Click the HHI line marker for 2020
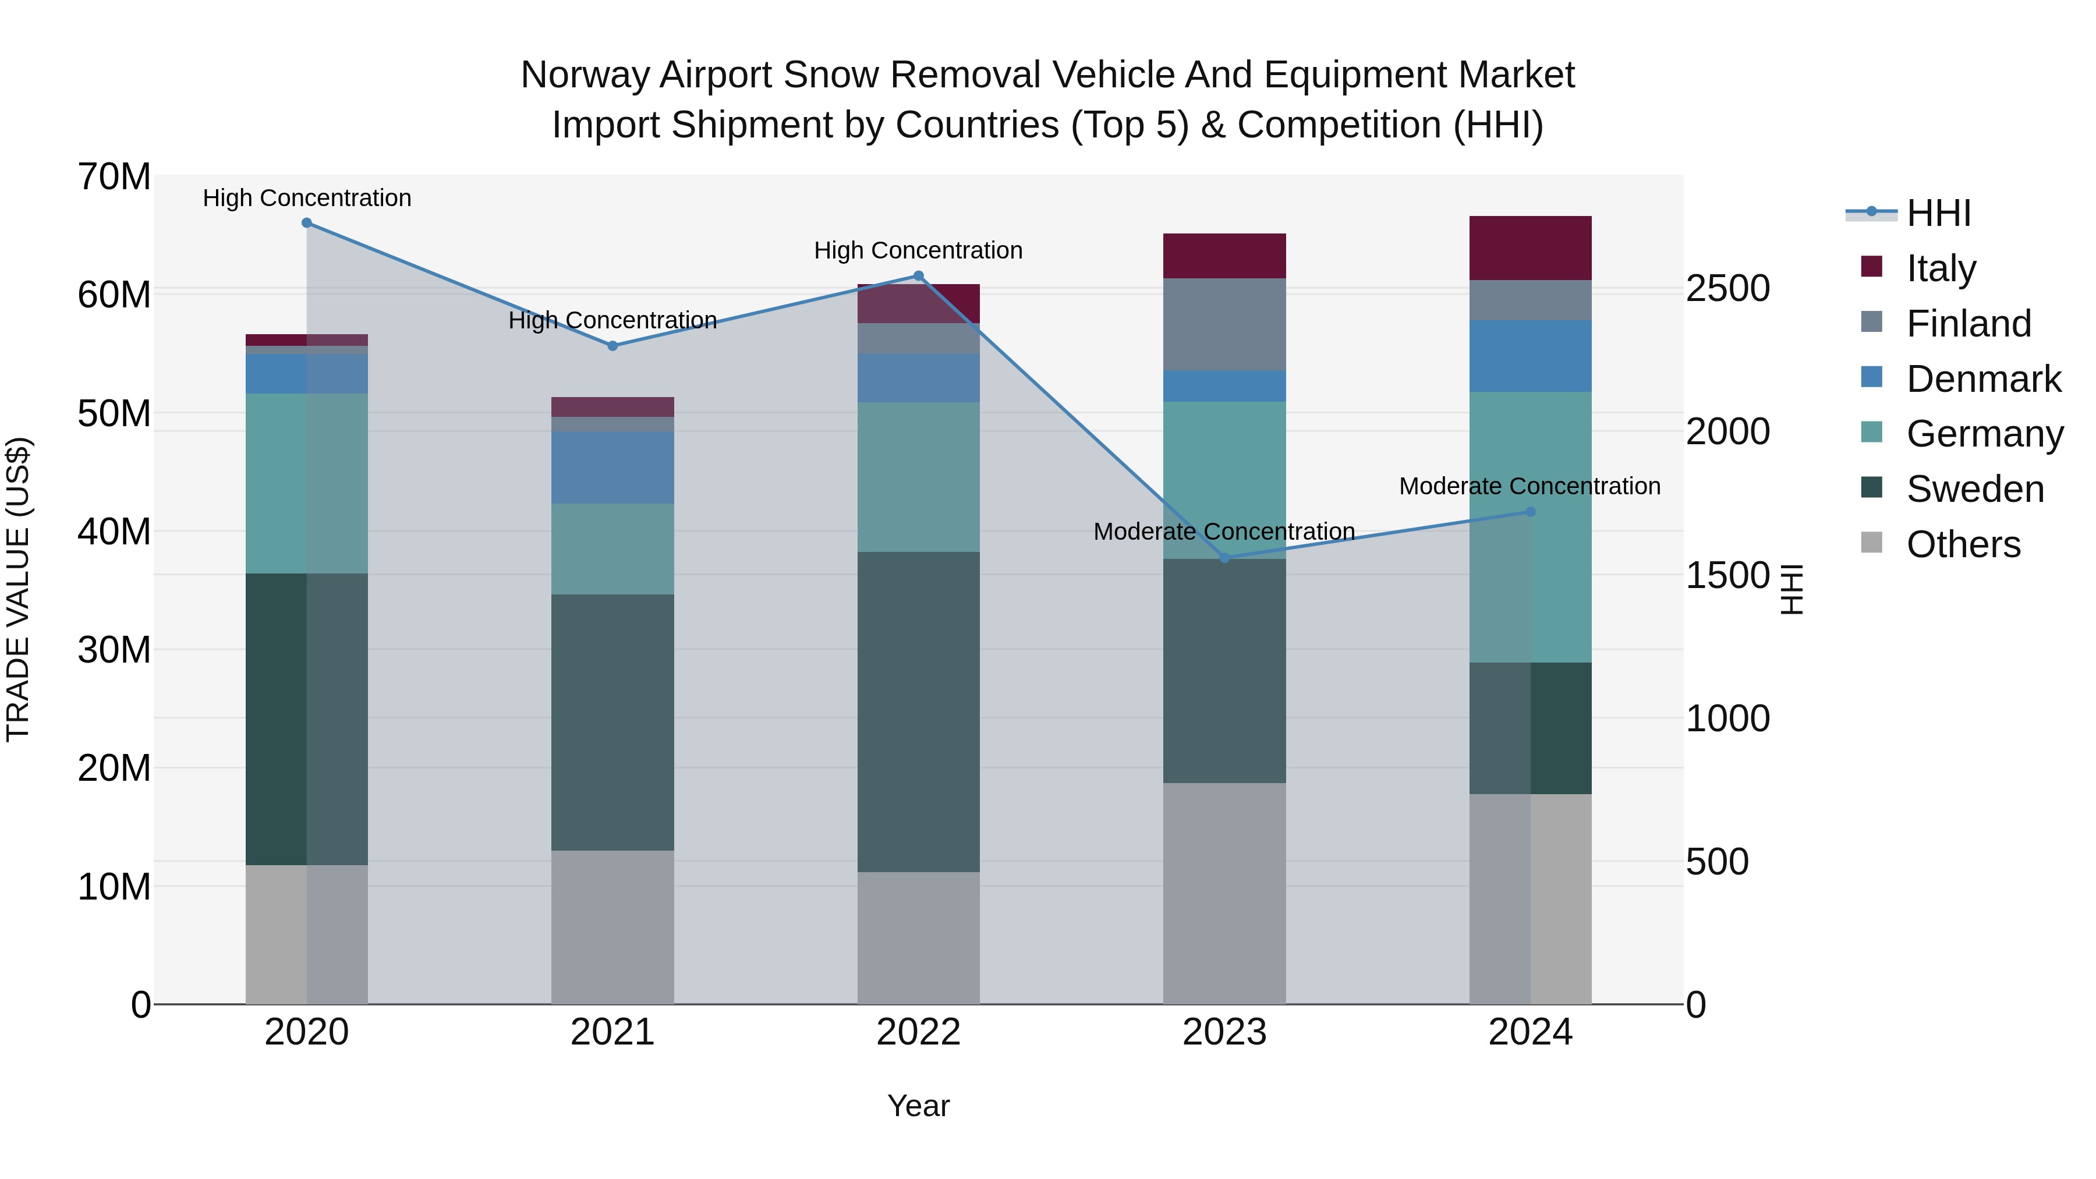[x=307, y=223]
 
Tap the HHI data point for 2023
[x=1224, y=558]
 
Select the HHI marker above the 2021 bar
[x=612, y=346]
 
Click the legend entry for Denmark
[x=1983, y=379]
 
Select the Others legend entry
[x=1963, y=544]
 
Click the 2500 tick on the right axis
[x=1727, y=288]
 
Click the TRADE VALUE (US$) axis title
[x=18, y=589]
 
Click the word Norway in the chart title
[x=585, y=75]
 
